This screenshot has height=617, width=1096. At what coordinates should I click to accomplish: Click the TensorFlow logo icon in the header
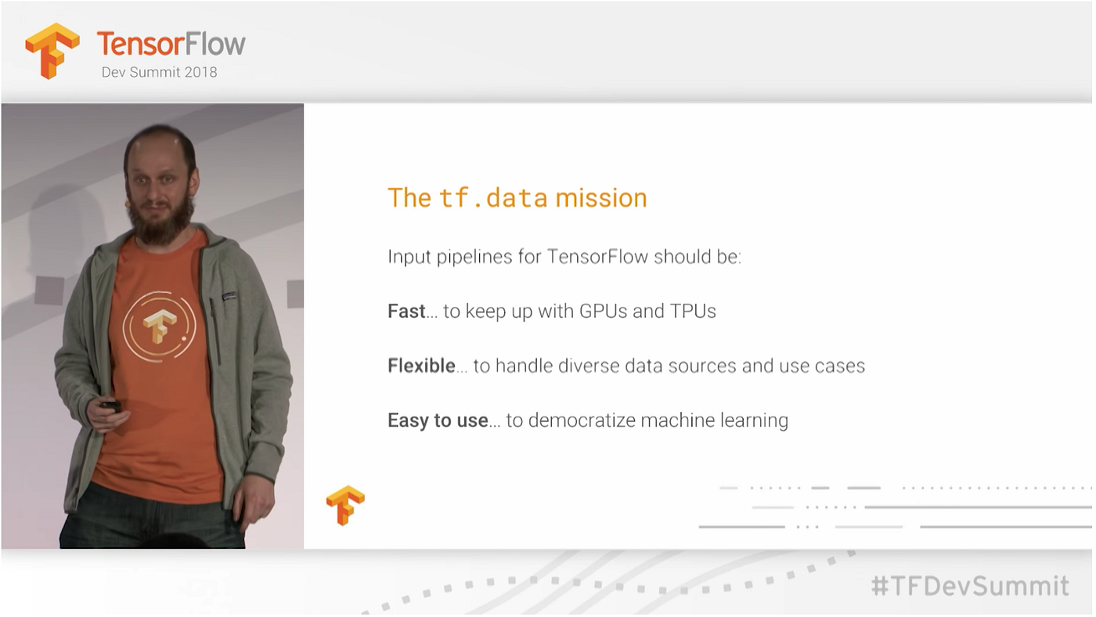(52, 50)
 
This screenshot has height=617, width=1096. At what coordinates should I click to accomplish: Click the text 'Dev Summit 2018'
(159, 72)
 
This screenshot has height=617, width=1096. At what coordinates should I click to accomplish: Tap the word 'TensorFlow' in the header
(171, 43)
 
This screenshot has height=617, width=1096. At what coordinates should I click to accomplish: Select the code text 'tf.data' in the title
(493, 198)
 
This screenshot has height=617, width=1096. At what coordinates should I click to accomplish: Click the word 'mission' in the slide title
(601, 198)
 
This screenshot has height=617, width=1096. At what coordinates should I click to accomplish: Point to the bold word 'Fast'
(406, 312)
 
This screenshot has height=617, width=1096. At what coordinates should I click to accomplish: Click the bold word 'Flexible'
(421, 366)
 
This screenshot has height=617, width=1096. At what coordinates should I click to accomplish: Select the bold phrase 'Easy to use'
(438, 420)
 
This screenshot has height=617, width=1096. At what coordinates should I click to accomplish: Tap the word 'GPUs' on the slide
(603, 312)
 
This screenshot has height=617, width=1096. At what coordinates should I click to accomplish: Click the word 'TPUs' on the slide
(693, 312)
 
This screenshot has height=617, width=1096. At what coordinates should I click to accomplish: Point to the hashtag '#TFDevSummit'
(970, 586)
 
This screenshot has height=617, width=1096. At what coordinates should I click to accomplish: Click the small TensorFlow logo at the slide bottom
(345, 505)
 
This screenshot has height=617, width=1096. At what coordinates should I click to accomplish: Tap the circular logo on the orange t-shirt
(159, 327)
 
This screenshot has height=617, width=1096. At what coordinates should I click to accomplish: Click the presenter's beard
(160, 221)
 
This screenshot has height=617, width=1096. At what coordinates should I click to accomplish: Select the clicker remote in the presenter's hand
(111, 406)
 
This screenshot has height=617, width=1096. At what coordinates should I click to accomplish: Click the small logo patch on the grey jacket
(229, 297)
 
